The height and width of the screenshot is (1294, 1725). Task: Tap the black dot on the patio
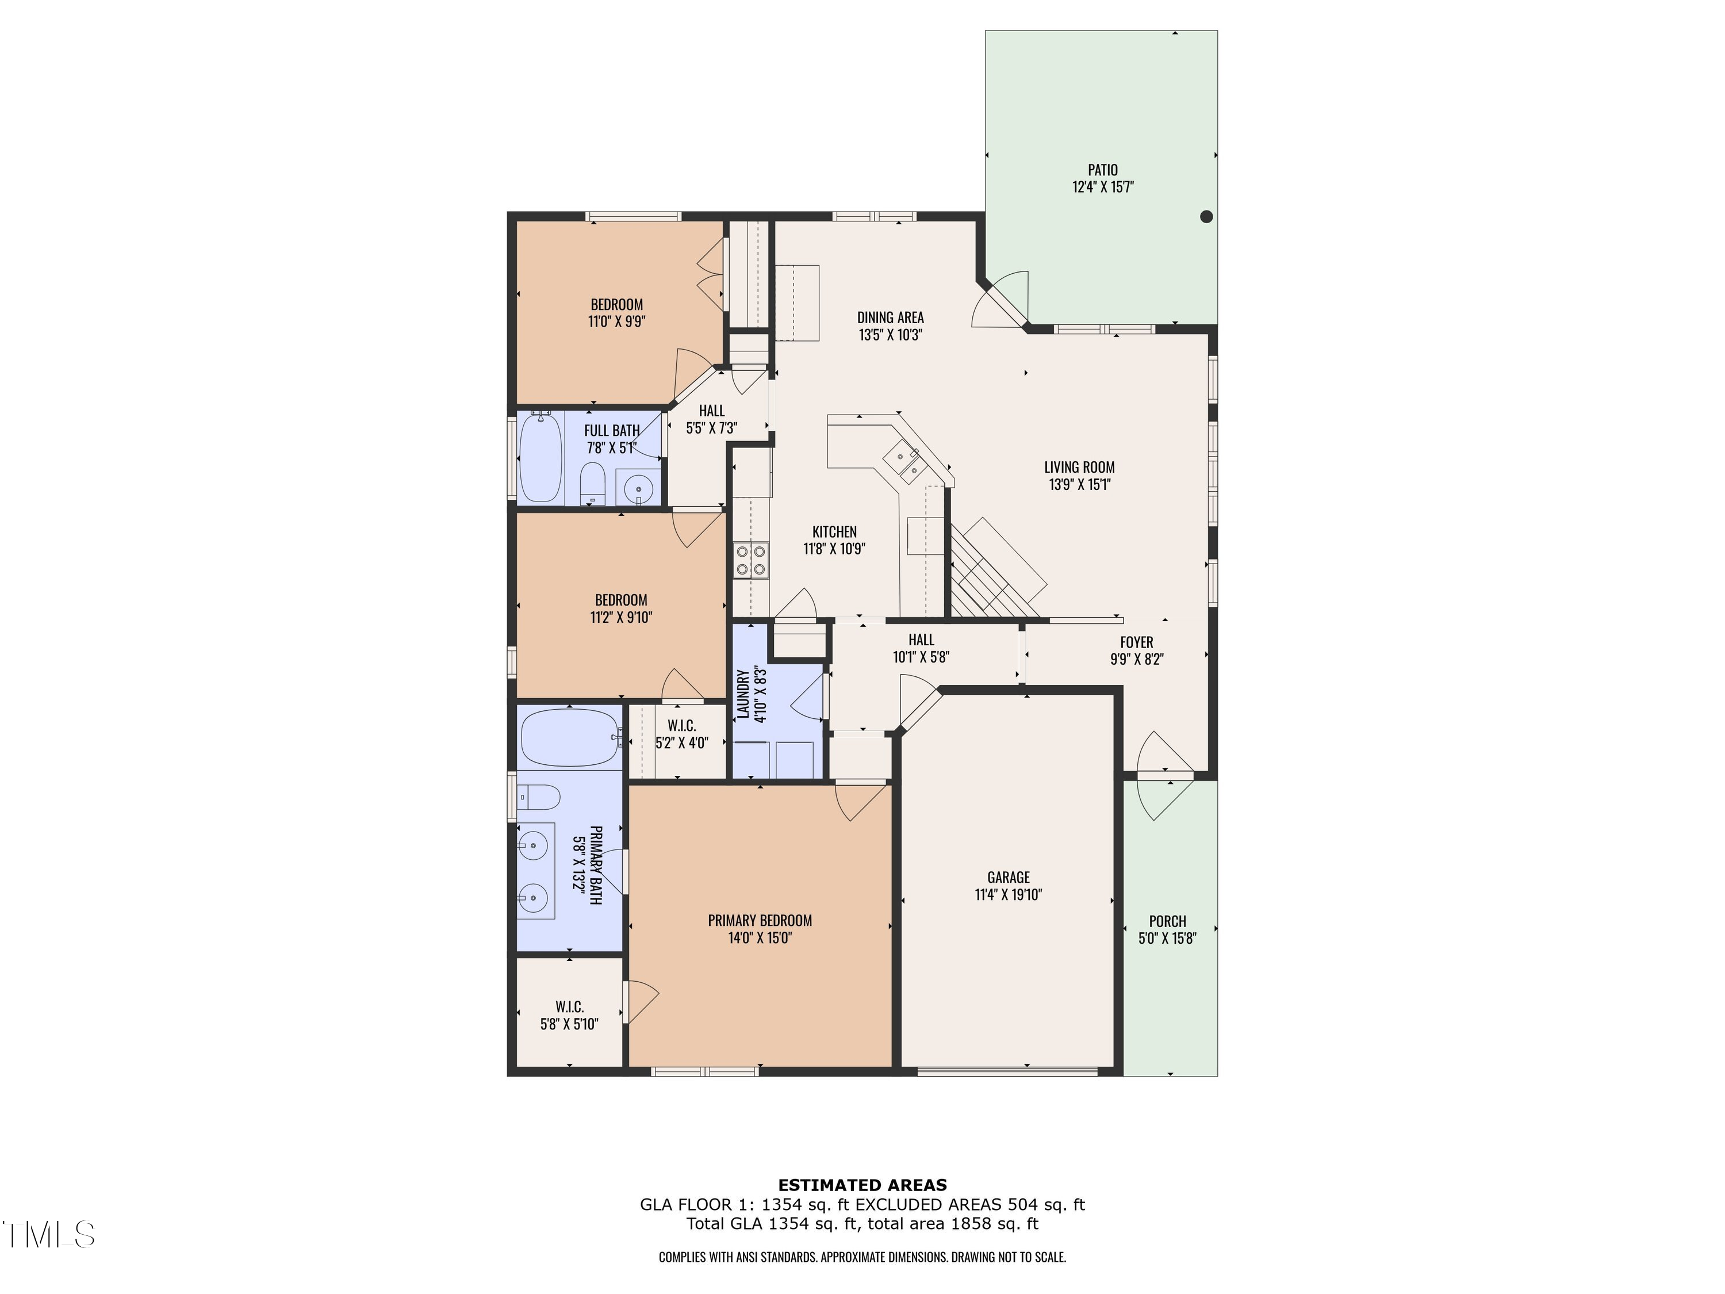click(1206, 217)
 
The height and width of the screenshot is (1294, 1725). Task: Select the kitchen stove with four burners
click(751, 560)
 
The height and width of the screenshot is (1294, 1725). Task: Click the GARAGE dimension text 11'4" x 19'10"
click(1009, 895)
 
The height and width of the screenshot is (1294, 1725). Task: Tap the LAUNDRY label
click(742, 694)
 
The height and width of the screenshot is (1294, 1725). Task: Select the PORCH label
click(1167, 921)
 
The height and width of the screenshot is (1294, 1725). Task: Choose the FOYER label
click(1136, 642)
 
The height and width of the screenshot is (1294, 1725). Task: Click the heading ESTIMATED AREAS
click(862, 1185)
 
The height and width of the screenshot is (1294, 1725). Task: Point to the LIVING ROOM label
click(1079, 467)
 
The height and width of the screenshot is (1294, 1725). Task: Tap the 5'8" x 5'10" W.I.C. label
click(569, 1016)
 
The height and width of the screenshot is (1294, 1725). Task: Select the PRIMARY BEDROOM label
click(760, 920)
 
